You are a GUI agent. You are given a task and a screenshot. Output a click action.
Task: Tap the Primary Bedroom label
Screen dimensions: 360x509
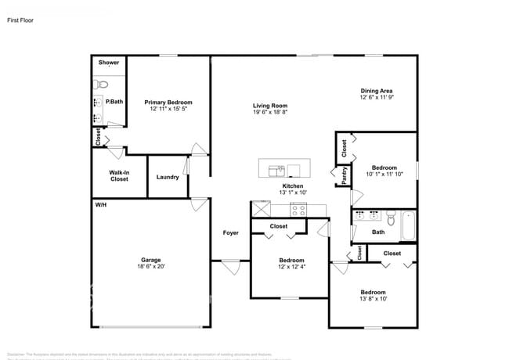click(x=168, y=103)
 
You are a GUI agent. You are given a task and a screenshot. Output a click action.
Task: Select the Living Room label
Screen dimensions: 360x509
click(x=270, y=106)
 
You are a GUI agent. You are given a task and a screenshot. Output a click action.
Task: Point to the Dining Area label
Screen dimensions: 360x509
click(x=376, y=91)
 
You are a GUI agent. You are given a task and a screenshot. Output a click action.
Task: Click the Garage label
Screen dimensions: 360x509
click(x=150, y=260)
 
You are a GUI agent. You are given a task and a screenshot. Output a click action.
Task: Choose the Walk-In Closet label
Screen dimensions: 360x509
click(x=119, y=175)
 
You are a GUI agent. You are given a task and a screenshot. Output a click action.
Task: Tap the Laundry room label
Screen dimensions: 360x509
click(x=168, y=177)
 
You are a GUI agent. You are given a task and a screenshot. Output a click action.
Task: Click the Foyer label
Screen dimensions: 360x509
click(x=230, y=232)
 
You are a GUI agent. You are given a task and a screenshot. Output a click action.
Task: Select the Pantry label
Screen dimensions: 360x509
click(x=344, y=175)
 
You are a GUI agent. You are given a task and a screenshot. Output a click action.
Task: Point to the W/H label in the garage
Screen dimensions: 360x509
click(x=100, y=204)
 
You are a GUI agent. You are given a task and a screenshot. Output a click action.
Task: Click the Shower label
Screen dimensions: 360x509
click(x=109, y=62)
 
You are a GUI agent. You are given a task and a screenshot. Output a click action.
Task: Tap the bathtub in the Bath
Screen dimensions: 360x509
click(x=408, y=227)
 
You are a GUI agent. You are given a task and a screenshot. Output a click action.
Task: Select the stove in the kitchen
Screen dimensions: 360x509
click(x=298, y=209)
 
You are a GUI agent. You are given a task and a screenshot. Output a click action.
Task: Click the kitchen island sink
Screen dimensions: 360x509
click(x=276, y=169)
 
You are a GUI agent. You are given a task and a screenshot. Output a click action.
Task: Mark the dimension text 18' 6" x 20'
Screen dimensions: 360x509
click(x=150, y=267)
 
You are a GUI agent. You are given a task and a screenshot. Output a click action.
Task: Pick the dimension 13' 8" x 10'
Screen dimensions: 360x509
click(x=372, y=298)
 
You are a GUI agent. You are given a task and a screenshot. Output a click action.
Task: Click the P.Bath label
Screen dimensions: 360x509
click(x=114, y=102)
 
